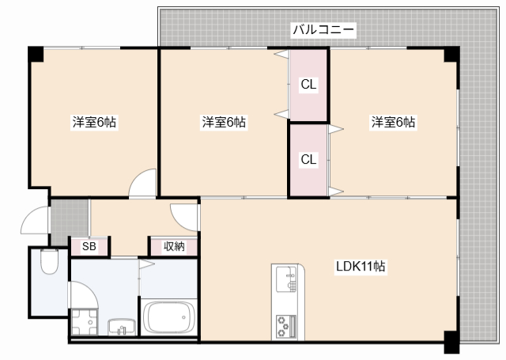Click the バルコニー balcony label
pyautogui.click(x=324, y=30)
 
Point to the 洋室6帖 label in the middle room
pyautogui.click(x=224, y=123)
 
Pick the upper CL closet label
pyautogui.click(x=308, y=84)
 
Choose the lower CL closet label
pyautogui.click(x=308, y=159)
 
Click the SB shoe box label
pyautogui.click(x=89, y=247)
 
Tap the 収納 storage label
pyautogui.click(x=174, y=247)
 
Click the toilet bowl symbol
pyautogui.click(x=49, y=262)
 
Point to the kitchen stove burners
pyautogui.click(x=285, y=324)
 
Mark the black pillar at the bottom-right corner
pyautogui.click(x=450, y=344)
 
